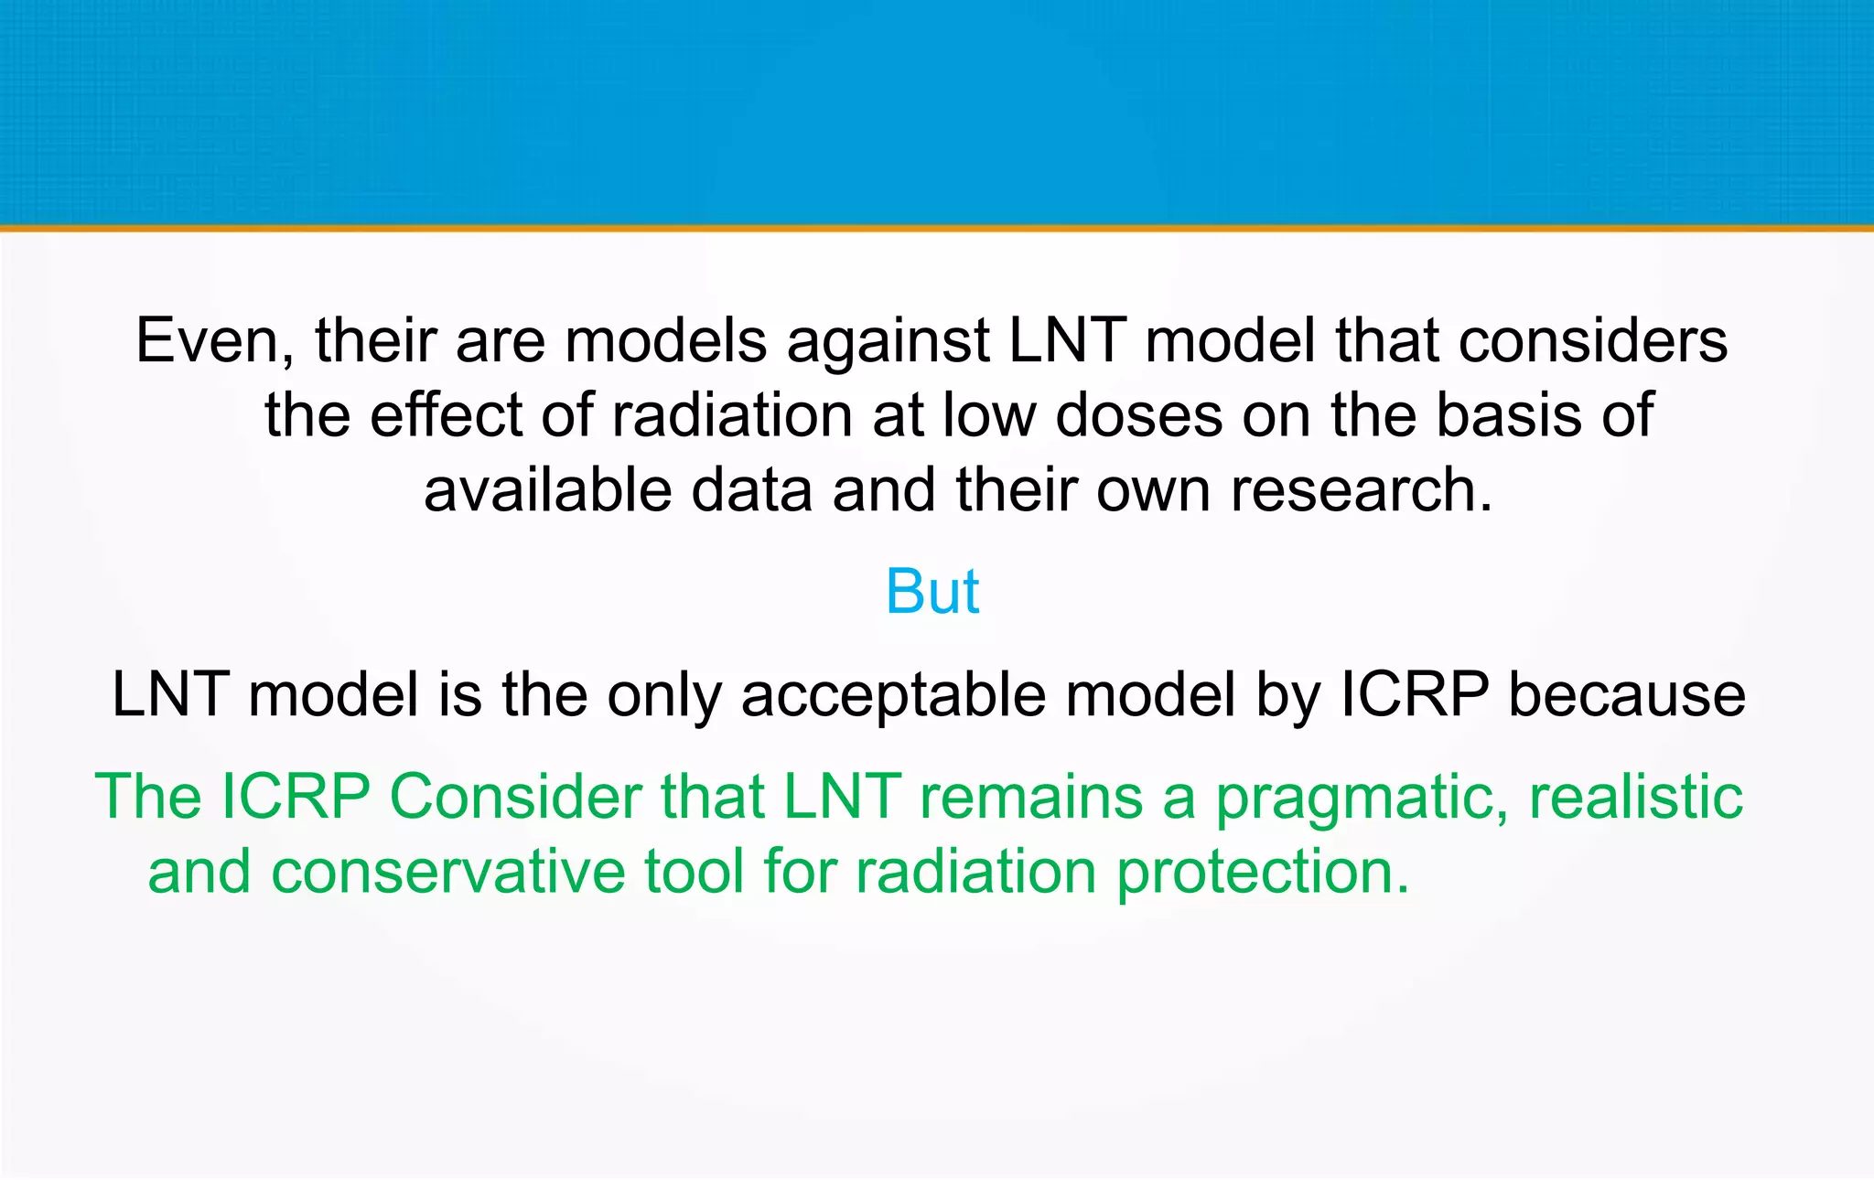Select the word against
click(x=887, y=340)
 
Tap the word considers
click(x=1592, y=340)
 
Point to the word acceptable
click(x=893, y=694)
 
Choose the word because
click(x=1626, y=694)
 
